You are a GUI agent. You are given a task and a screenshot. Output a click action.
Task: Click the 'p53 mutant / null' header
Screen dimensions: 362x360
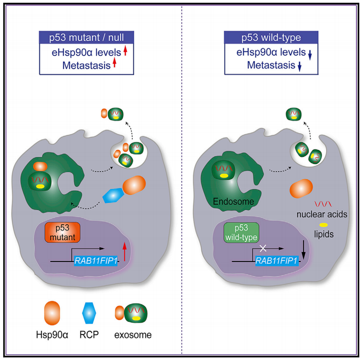(86, 37)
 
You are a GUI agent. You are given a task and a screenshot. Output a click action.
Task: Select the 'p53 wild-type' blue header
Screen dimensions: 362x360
(271, 37)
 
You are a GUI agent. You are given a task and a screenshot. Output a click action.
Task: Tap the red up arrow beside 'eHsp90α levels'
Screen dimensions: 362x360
(125, 50)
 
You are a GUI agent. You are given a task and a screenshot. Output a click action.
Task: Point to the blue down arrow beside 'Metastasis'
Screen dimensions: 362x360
(299, 66)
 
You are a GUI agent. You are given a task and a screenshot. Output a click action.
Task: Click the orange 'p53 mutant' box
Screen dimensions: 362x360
(63, 232)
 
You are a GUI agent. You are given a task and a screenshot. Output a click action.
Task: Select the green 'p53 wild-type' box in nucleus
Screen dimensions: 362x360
(241, 233)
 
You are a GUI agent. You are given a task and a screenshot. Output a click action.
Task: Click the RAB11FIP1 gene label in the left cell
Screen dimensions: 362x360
(96, 261)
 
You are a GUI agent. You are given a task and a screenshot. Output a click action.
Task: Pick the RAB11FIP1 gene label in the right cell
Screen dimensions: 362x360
(277, 261)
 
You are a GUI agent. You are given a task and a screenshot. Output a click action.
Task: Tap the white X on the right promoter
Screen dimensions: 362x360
(263, 248)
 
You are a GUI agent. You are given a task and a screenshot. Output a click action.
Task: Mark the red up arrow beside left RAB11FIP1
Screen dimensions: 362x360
(124, 252)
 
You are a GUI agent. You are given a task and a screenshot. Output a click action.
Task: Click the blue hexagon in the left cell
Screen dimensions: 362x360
(113, 195)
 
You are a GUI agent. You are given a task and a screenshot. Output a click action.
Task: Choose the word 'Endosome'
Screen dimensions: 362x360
(233, 202)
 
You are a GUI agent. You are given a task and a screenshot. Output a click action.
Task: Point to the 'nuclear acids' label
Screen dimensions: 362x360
(322, 214)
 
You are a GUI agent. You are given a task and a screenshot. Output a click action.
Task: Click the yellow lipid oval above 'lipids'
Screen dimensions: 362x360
(323, 225)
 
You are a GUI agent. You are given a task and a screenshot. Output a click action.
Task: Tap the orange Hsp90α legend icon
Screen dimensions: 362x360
(52, 313)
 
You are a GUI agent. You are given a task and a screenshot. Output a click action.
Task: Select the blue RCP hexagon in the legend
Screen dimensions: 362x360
(89, 313)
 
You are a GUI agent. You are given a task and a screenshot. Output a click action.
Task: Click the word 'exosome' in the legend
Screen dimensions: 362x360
(133, 335)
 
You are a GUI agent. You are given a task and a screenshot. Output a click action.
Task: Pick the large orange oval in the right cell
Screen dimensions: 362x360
(301, 188)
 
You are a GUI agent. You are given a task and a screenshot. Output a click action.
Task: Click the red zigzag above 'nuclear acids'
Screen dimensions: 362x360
(323, 204)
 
